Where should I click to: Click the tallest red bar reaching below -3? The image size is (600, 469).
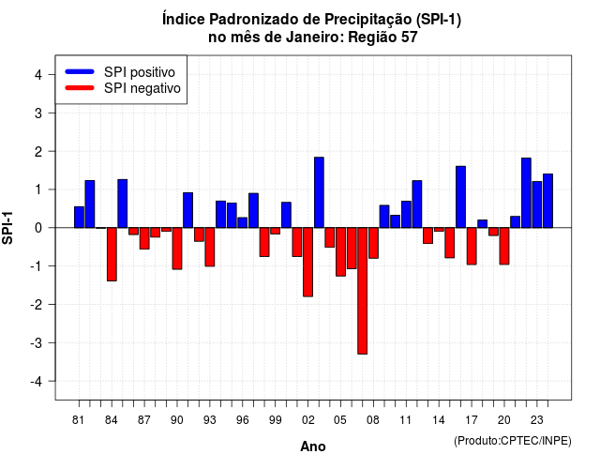coord(362,291)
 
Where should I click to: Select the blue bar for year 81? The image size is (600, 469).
coord(79,217)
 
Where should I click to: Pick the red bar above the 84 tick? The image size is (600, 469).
coord(112,254)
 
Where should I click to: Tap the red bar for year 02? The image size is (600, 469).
coord(307,262)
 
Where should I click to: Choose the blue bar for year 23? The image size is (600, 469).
coord(537,204)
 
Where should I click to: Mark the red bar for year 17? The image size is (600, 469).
coord(472,246)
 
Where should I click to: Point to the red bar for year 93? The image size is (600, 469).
coord(210,247)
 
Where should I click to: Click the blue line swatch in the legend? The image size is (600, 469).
coord(80,71)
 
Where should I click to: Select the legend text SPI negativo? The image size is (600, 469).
coord(142,88)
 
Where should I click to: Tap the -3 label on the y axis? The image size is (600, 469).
coord(37,342)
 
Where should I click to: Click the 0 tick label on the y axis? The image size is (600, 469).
coord(38,228)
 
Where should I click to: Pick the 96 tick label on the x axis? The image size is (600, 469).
coord(242,420)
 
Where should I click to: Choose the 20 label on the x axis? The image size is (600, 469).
coord(504,420)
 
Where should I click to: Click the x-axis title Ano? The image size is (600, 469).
coord(313,446)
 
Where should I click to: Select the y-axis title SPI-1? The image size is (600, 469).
coord(7,228)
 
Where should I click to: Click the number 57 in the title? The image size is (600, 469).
coord(409,38)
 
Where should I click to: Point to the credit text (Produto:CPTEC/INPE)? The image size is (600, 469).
coord(513,441)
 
